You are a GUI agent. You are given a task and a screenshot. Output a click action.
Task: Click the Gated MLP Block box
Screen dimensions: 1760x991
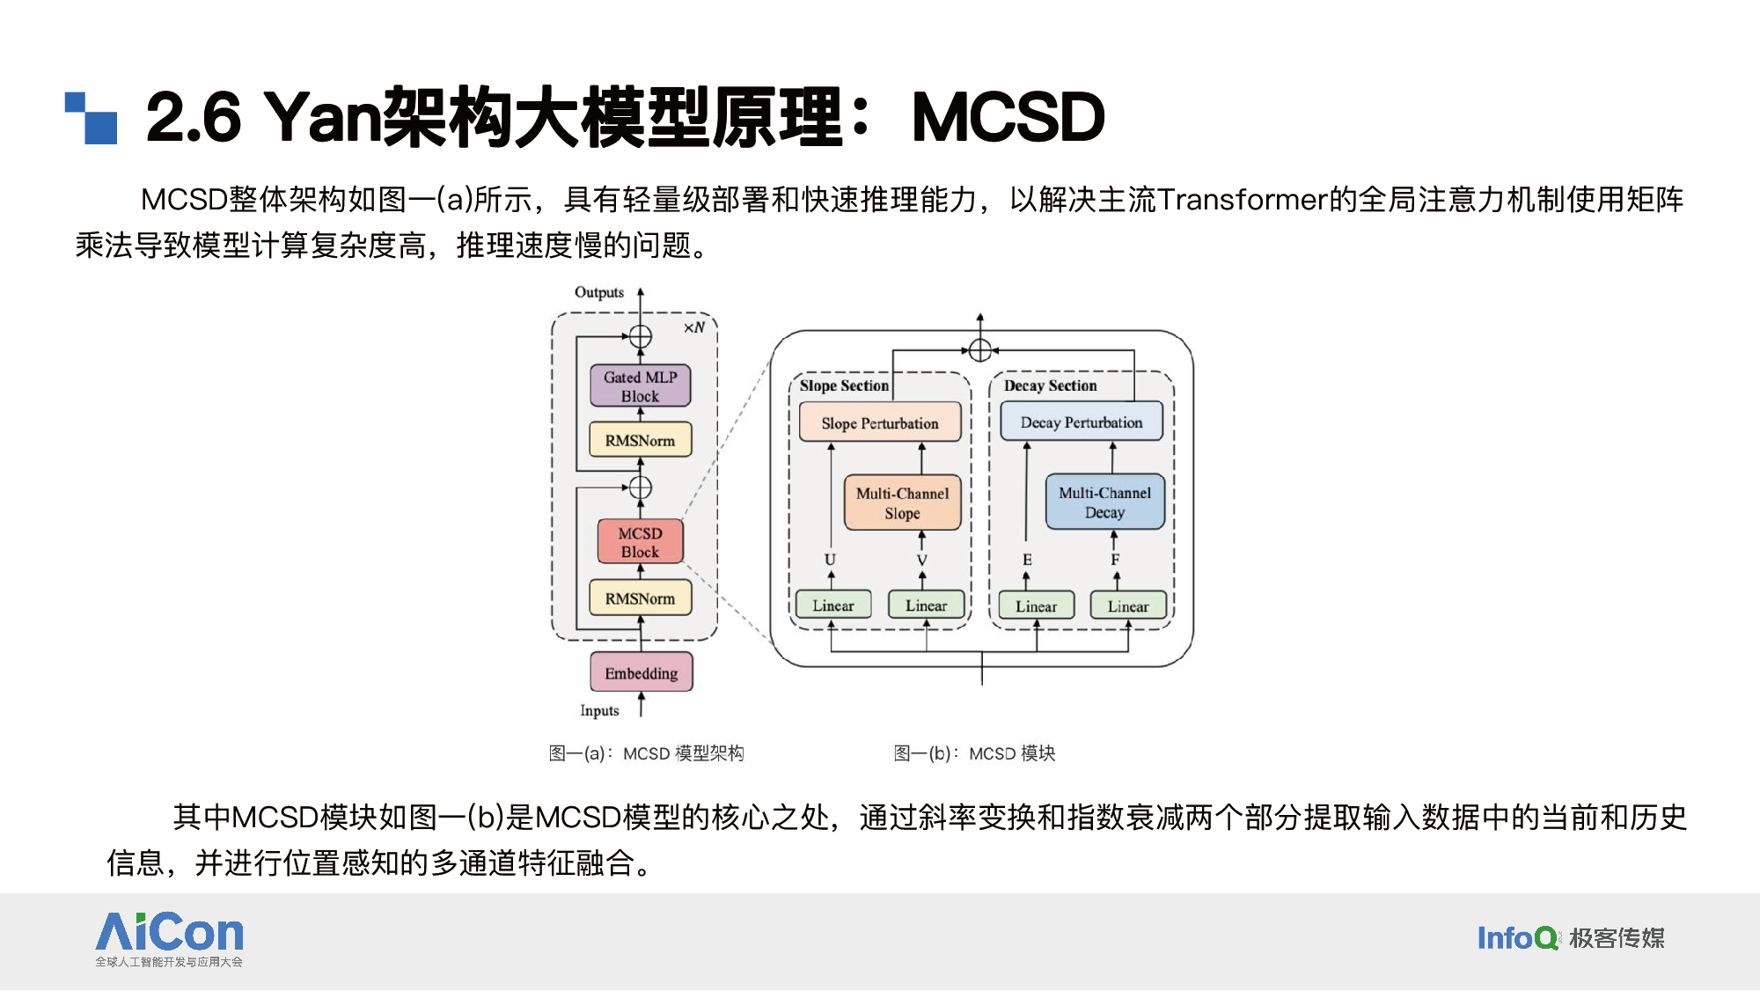pos(640,385)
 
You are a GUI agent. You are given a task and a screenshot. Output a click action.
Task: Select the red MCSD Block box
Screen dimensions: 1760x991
pos(640,541)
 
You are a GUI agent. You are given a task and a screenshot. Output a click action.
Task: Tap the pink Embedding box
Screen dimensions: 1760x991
pos(641,672)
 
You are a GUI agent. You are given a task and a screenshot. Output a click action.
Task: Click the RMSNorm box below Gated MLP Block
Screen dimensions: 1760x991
pos(640,440)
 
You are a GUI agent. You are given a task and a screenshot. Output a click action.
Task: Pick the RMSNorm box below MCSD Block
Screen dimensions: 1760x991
pos(640,598)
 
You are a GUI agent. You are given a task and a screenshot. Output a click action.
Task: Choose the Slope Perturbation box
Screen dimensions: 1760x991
pos(880,422)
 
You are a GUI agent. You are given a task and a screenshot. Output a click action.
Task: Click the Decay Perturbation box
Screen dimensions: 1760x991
pos(1082,422)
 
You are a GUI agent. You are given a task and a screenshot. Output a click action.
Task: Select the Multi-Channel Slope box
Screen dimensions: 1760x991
pos(902,503)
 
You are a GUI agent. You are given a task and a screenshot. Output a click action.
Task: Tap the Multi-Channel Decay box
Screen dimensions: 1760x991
pos(1104,502)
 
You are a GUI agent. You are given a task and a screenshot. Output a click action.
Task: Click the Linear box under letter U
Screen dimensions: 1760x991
pos(832,605)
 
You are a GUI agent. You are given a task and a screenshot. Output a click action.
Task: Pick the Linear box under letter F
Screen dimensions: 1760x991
pos(1127,606)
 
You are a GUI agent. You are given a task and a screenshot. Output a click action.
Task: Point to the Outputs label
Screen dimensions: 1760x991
pos(599,292)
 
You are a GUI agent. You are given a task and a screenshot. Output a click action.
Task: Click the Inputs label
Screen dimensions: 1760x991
pos(599,710)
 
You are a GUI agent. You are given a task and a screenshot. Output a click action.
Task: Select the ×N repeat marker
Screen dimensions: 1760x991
pos(694,327)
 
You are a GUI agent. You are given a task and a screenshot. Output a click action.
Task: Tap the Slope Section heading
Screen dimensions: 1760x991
pos(844,385)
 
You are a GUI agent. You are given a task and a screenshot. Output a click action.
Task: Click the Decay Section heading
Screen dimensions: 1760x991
pos(1050,385)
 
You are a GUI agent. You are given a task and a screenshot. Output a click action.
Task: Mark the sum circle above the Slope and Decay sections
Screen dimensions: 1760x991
pos(979,350)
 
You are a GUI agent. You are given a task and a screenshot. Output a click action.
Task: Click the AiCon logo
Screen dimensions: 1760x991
pos(169,939)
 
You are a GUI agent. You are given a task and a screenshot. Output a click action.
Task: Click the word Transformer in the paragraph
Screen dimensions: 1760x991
pos(1242,200)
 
